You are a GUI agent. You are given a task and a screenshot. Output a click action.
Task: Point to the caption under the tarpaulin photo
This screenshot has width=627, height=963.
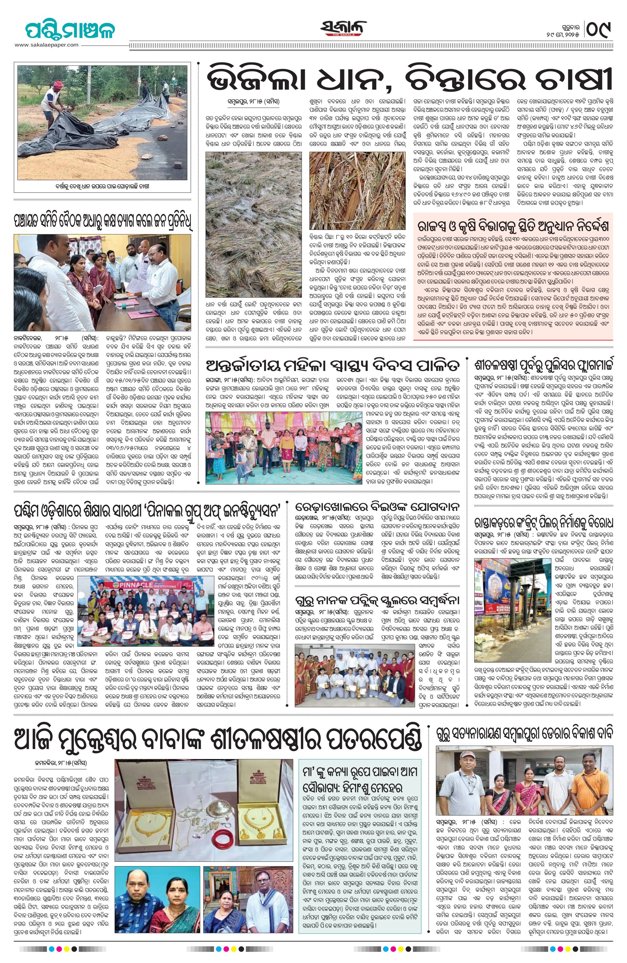(x=102, y=187)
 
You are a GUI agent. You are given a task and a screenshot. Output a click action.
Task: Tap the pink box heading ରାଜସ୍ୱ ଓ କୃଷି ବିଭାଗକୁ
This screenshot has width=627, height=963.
(x=513, y=226)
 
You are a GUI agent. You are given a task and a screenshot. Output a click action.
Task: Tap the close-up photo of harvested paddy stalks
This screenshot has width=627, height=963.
(x=357, y=190)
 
